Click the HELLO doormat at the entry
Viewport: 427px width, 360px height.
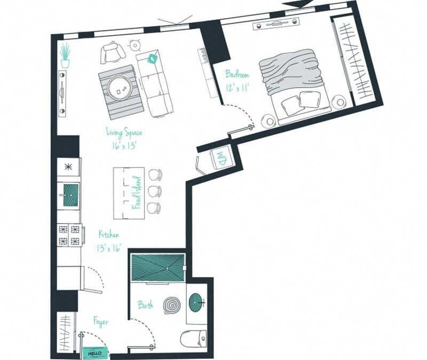coord(94,353)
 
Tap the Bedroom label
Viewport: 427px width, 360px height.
coord(237,74)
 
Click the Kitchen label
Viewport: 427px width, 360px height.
coord(108,234)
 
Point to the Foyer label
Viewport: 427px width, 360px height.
coord(100,322)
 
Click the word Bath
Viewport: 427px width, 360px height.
coord(146,305)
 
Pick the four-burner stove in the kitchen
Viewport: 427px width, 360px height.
coord(69,235)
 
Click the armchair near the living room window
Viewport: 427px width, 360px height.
coord(112,53)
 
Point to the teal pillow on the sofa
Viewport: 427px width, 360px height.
coord(152,59)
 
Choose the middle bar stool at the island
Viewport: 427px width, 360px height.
coord(155,191)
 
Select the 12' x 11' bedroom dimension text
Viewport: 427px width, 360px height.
coord(238,86)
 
